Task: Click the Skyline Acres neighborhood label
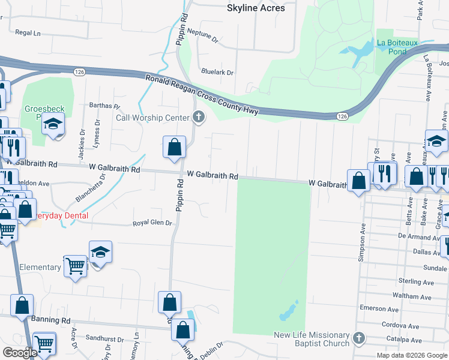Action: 255,8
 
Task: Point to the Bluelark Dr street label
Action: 217,72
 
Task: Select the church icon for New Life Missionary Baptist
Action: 359,338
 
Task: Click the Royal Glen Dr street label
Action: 152,223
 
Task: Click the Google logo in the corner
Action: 20,353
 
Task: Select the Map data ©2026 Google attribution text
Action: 411,355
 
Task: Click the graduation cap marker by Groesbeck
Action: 53,124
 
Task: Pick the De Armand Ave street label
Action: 416,238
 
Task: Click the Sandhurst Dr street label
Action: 104,338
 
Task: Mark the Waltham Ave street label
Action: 412,296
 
